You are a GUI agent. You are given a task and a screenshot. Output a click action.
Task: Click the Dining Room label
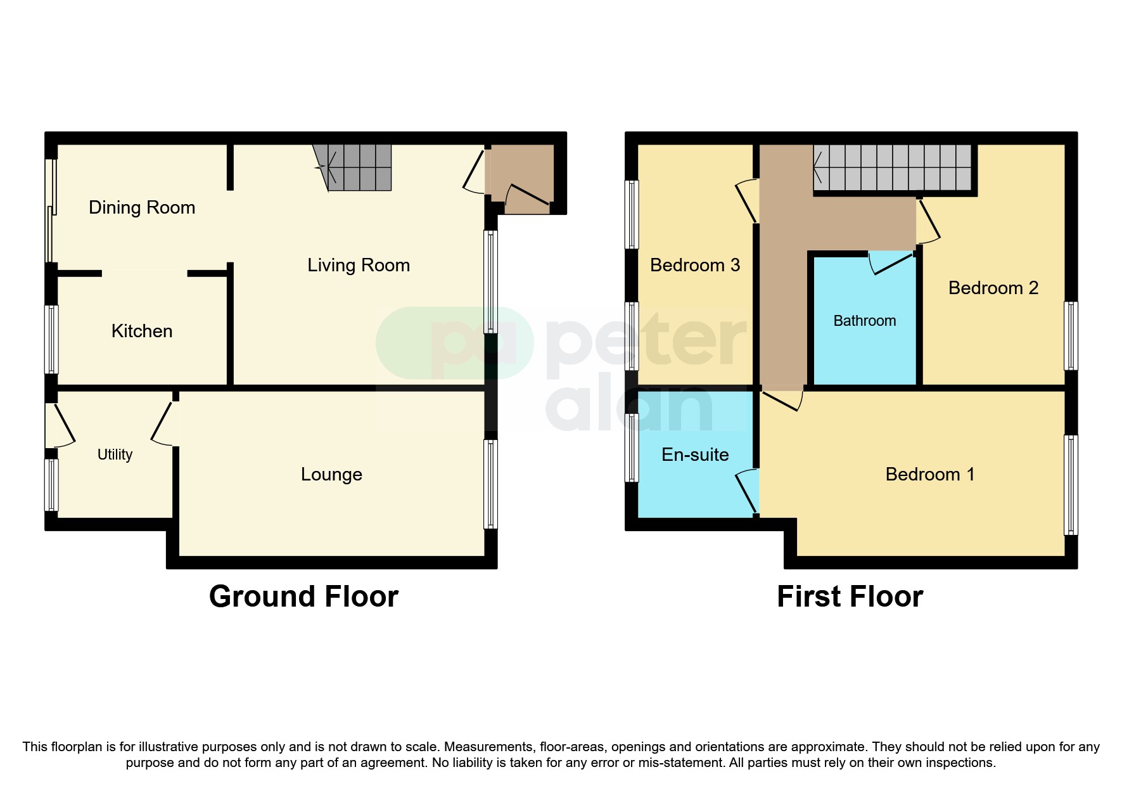pos(142,207)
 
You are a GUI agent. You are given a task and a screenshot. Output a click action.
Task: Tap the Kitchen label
pos(142,331)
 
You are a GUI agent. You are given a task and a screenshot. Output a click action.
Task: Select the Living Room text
pos(359,265)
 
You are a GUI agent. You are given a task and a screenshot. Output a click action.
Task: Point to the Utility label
pos(115,454)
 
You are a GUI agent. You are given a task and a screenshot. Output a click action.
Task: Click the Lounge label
pos(331,474)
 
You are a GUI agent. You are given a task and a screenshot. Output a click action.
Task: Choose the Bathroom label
pos(864,321)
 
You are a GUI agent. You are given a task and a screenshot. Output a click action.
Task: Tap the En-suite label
pos(695,454)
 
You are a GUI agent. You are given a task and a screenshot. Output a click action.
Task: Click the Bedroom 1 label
pos(929,474)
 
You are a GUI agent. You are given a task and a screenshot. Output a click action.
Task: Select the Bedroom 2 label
pos(993,288)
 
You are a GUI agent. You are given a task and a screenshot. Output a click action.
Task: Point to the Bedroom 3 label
pos(695,265)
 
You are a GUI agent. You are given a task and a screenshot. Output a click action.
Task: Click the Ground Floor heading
pos(303,596)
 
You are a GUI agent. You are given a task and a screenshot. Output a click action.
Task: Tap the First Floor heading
pos(850,596)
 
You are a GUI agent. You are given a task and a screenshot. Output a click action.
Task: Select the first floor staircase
pos(892,167)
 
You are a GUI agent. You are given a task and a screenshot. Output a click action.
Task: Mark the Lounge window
pos(490,484)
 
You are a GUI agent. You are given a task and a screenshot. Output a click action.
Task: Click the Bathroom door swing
pos(889,261)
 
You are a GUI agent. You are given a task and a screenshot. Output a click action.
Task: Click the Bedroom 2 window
pos(1070,336)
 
